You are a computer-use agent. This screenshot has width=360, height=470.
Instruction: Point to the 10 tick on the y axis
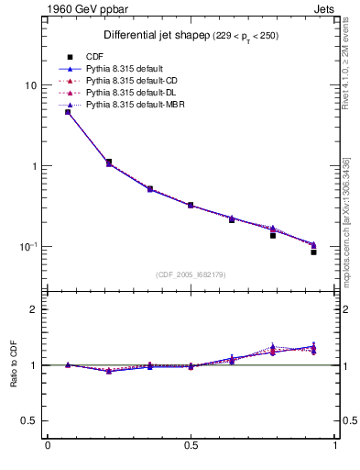click(30, 85)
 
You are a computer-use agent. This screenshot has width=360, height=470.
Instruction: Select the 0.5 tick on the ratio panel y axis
click(30, 421)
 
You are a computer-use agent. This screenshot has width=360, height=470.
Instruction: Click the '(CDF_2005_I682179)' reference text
click(191, 274)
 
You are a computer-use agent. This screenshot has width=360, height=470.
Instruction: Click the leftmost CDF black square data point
click(68, 112)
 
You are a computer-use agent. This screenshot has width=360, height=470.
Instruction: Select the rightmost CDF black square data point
click(313, 252)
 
